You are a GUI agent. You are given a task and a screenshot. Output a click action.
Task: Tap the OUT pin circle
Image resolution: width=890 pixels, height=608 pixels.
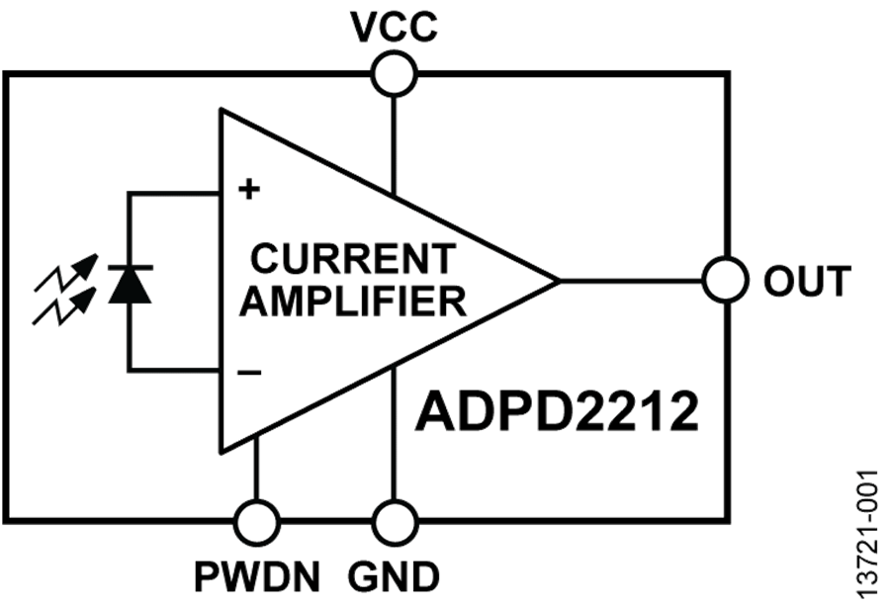(725, 280)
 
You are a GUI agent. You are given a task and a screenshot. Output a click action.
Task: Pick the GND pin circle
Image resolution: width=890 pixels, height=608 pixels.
(395, 518)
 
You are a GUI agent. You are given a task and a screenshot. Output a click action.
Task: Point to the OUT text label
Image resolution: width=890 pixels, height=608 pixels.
(807, 282)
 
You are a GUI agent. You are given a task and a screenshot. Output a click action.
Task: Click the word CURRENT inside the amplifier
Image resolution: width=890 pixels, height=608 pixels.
(354, 259)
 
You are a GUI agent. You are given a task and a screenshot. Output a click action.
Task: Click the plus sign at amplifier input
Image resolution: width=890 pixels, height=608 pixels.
(248, 189)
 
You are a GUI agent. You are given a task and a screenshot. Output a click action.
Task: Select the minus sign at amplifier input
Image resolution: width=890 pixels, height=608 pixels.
(249, 372)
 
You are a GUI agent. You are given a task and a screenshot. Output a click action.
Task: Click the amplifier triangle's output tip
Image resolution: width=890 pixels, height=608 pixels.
(556, 281)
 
